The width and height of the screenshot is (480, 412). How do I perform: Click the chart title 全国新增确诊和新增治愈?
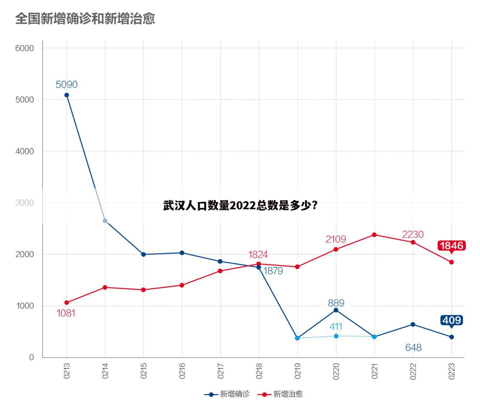85,19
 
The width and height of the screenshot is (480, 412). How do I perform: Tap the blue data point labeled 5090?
67,95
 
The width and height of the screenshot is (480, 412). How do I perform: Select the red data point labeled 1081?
67,302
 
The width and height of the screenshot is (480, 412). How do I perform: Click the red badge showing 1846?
451,246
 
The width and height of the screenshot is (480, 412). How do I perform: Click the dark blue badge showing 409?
451,320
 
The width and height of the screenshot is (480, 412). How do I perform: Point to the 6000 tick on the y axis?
25,48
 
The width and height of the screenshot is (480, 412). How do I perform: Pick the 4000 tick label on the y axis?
25,151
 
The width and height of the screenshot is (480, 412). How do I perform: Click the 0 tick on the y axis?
32,357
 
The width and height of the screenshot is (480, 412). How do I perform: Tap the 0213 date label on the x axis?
67,371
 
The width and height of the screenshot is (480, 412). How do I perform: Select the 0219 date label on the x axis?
297,371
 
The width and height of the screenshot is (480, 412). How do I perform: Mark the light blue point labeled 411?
336,336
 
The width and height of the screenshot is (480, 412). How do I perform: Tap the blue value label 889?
336,303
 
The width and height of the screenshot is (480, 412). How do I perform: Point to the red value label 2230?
413,234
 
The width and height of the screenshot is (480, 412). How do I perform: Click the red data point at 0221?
374,235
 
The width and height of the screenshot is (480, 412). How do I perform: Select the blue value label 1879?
273,271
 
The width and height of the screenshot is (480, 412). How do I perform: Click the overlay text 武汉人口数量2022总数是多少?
240,206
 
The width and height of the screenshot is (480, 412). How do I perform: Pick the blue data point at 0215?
143,254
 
